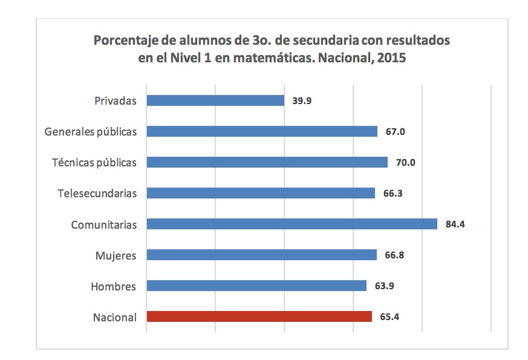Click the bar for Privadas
point(215,100)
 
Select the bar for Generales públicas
point(262,131)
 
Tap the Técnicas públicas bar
point(267,162)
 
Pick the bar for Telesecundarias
point(261,193)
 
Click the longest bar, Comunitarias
point(292,224)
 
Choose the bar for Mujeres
point(261,255)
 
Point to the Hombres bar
point(256,286)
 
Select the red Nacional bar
point(259,316)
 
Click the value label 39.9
point(302,101)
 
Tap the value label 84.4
point(455,224)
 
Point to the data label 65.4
point(389,317)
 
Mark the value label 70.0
point(405,163)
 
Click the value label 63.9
point(384,286)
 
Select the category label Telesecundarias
point(97,194)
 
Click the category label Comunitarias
point(104,225)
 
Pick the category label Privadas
point(116,101)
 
